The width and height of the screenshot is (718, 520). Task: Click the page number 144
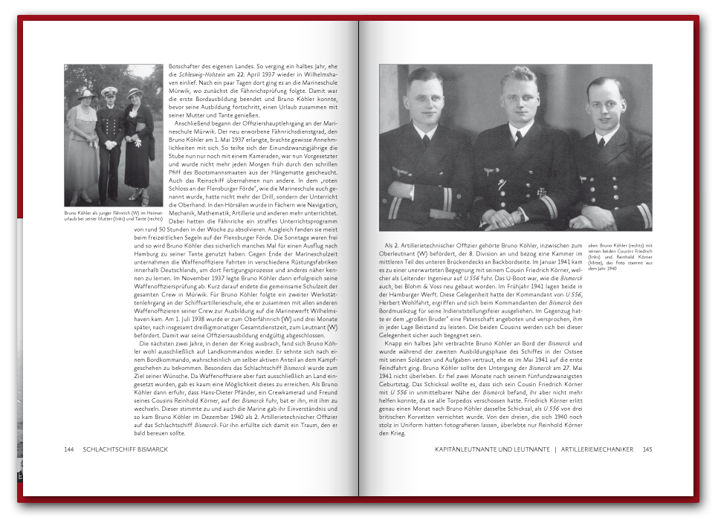pos(69,449)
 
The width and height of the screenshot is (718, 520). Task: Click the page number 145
pos(647,449)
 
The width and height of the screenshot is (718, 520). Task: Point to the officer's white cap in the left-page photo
pos(110,91)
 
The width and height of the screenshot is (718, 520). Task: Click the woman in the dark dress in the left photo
pos(137,141)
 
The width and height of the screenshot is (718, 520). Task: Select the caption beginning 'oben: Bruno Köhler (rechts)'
pos(620,256)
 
